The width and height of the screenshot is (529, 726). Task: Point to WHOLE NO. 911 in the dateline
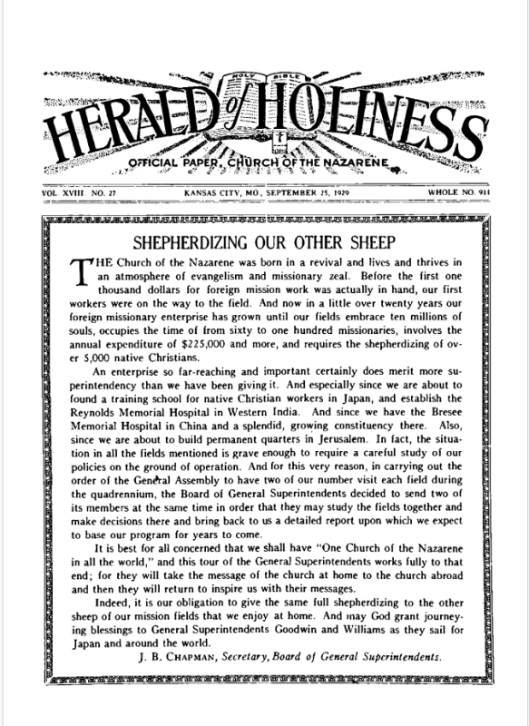point(461,194)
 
